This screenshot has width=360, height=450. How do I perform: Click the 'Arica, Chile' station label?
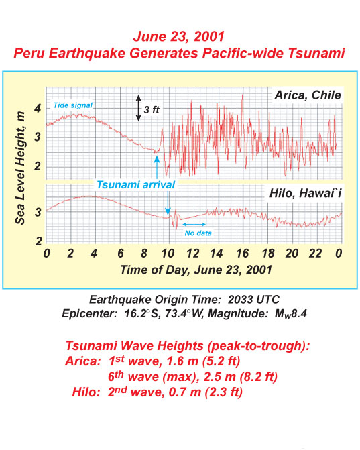[x=308, y=95]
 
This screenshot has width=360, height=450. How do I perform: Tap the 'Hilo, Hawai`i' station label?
[x=305, y=193]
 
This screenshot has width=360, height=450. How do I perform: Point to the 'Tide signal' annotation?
[x=73, y=105]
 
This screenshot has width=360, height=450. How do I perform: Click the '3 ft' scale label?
[x=152, y=109]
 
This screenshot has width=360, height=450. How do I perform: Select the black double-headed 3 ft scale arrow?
[x=139, y=108]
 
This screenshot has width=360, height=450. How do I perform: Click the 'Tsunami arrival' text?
[x=135, y=185]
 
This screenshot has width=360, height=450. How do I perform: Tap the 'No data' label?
[x=198, y=233]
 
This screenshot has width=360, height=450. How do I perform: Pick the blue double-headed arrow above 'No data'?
[x=194, y=224]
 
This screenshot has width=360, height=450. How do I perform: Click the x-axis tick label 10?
[x=168, y=254]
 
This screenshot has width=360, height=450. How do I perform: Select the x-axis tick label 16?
[x=243, y=254]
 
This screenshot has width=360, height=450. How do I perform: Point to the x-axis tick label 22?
[x=315, y=254]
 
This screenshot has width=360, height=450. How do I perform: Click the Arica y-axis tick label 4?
[x=38, y=109]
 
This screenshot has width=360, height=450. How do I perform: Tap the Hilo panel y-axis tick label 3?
[x=38, y=213]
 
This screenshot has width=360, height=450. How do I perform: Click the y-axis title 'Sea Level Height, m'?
[x=20, y=168]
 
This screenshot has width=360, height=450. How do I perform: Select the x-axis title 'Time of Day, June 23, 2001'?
[x=196, y=270]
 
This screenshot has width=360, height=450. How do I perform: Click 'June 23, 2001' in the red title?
[x=179, y=36]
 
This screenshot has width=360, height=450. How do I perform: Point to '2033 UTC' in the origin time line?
[x=253, y=300]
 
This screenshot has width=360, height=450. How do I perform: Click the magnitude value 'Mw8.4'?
[x=290, y=313]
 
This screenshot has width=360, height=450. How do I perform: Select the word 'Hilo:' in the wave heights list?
[x=86, y=392]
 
